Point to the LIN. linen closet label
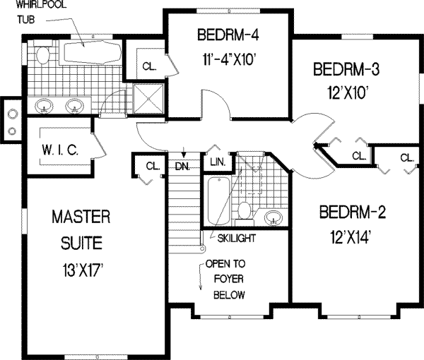point(218,162)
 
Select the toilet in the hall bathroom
point(245,210)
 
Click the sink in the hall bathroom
point(273,217)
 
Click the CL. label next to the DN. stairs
point(152,166)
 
